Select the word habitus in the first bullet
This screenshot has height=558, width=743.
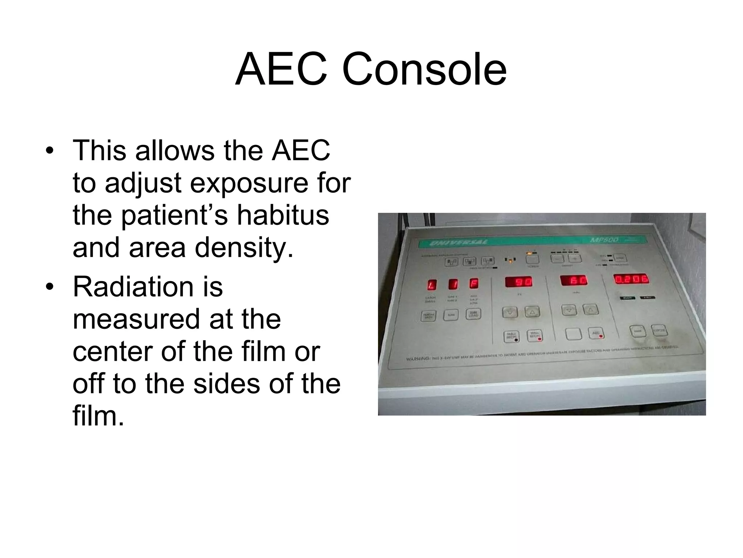coord(283,215)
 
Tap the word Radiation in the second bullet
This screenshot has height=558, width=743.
coord(147,287)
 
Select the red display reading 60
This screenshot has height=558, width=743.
coord(574,280)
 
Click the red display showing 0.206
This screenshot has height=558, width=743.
coord(631,279)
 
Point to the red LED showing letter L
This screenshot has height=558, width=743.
coord(432,284)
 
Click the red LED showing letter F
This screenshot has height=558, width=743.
coord(474,283)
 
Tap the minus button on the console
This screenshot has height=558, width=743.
coord(557,258)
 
